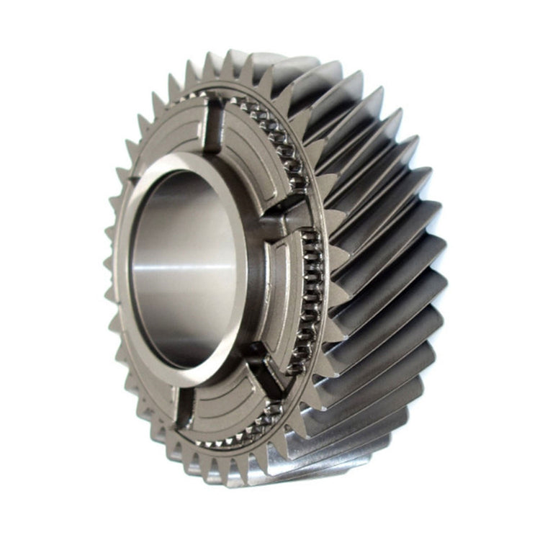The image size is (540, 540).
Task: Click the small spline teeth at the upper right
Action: tap(277, 133)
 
